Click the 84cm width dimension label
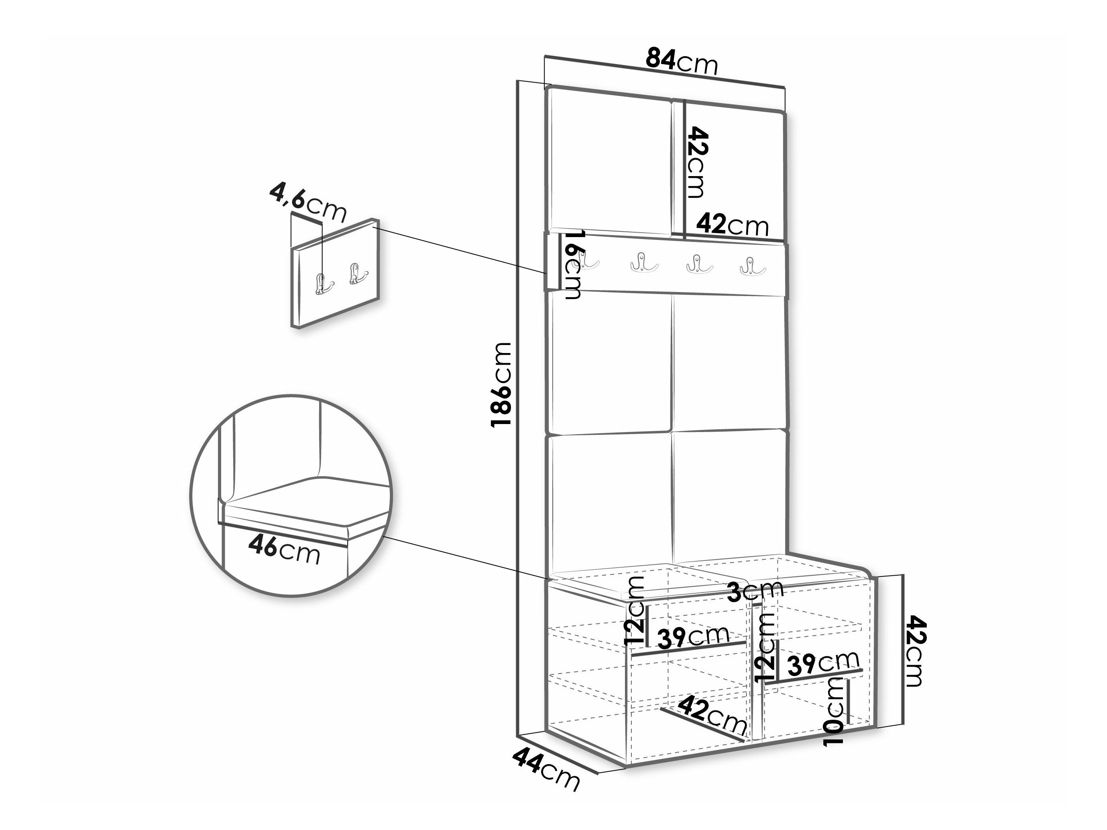point(681,61)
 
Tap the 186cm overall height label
point(501,384)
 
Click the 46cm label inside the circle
point(284,550)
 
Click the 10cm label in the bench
point(834,711)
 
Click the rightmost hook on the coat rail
point(752,266)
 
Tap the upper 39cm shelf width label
point(693,637)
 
